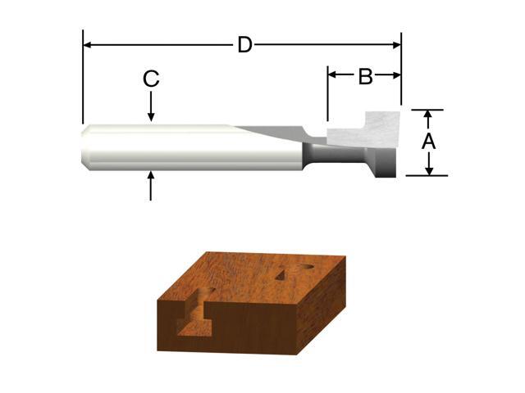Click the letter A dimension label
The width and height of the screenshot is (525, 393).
tap(428, 142)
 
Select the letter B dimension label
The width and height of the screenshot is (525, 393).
tap(366, 77)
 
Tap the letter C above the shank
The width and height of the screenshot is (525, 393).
tap(151, 79)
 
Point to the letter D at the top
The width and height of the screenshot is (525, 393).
tap(244, 45)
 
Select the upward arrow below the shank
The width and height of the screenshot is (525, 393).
tap(151, 184)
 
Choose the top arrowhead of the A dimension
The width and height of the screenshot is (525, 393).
tap(428, 115)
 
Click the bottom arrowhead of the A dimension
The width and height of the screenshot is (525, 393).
tap(428, 169)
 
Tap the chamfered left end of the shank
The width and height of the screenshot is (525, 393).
tap(86, 147)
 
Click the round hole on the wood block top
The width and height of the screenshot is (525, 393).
tap(299, 269)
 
